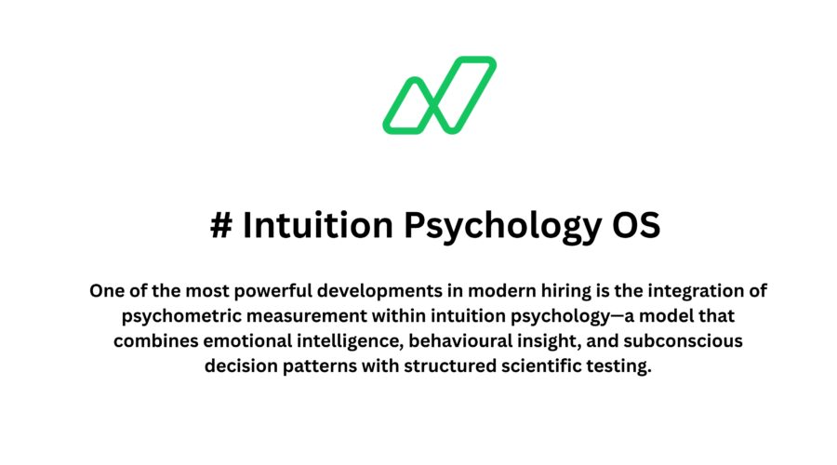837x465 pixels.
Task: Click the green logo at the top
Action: [439, 95]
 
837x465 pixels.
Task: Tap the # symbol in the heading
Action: [220, 226]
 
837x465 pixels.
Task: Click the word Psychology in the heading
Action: [480, 226]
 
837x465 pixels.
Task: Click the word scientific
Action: [539, 365]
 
